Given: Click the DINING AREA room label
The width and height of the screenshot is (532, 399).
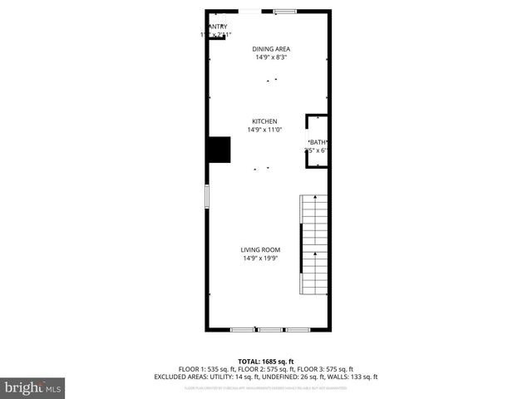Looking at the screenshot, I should coord(271,49).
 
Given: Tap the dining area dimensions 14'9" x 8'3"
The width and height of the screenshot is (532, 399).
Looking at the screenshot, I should coord(271,57).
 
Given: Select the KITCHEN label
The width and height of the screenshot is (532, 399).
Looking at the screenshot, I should coord(264,121).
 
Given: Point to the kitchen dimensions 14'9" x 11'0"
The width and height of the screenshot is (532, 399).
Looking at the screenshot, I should coord(264,130).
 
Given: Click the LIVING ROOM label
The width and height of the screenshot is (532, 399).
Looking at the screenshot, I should coord(260,250).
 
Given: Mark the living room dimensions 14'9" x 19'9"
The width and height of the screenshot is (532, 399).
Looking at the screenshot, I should coord(260,259).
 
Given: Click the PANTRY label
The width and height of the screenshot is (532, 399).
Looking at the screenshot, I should coord(216,27).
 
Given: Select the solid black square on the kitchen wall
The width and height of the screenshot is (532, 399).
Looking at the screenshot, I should coord(219,150).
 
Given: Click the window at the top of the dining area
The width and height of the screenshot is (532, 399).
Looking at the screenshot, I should coord(285,11).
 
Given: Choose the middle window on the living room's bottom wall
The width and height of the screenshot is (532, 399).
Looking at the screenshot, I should coord(270,330).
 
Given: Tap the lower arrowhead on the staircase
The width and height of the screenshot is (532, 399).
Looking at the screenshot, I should coord(314,252).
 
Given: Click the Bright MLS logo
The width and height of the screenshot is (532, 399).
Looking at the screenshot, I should coord(33,387).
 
